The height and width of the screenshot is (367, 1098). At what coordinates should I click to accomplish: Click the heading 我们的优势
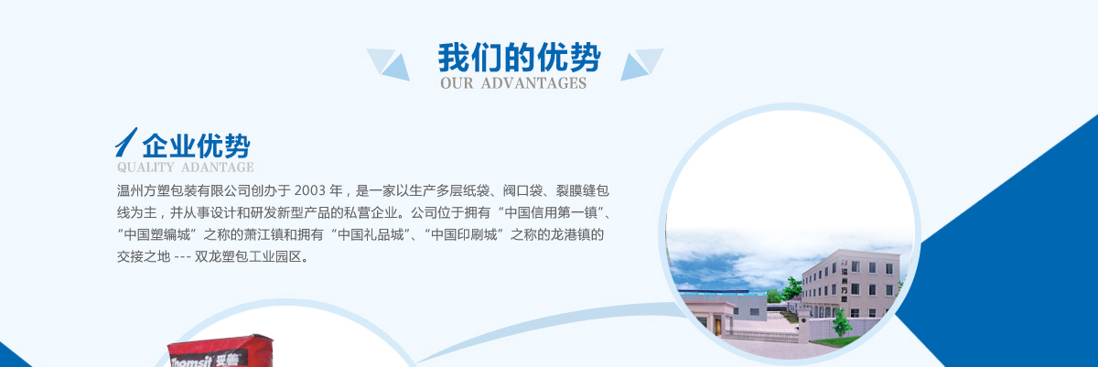pos(519,58)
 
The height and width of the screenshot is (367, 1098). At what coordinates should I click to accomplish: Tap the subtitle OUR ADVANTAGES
pos(513,83)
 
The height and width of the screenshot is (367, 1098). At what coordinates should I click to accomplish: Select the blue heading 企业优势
pos(196,146)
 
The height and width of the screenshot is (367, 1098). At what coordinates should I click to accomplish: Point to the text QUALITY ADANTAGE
pos(185,167)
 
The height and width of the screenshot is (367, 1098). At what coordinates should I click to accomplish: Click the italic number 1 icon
pos(126,142)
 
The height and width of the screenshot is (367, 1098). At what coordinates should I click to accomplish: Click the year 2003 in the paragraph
pos(310,190)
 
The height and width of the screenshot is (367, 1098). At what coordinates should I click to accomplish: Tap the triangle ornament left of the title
pos(388,64)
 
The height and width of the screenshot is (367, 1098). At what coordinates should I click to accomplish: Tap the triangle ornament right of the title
pos(642,64)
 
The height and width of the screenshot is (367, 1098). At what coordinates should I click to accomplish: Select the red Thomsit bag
pos(221,351)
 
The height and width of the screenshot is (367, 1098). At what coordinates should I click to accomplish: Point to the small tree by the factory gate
pos(841,322)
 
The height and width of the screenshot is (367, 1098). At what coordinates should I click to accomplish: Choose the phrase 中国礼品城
pos(371,234)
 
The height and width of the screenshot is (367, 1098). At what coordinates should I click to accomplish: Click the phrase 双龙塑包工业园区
pos(248,256)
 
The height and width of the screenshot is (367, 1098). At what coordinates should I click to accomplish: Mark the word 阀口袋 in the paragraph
pos(522,190)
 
